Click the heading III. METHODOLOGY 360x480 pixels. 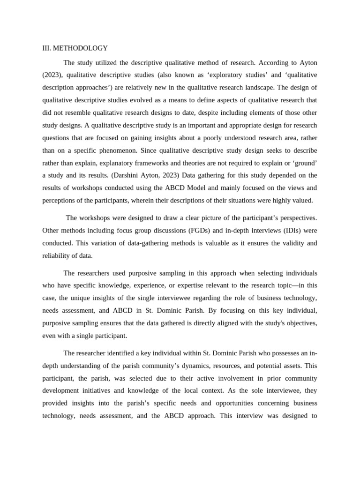point(75,48)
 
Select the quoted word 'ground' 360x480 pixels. point(306,163)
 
